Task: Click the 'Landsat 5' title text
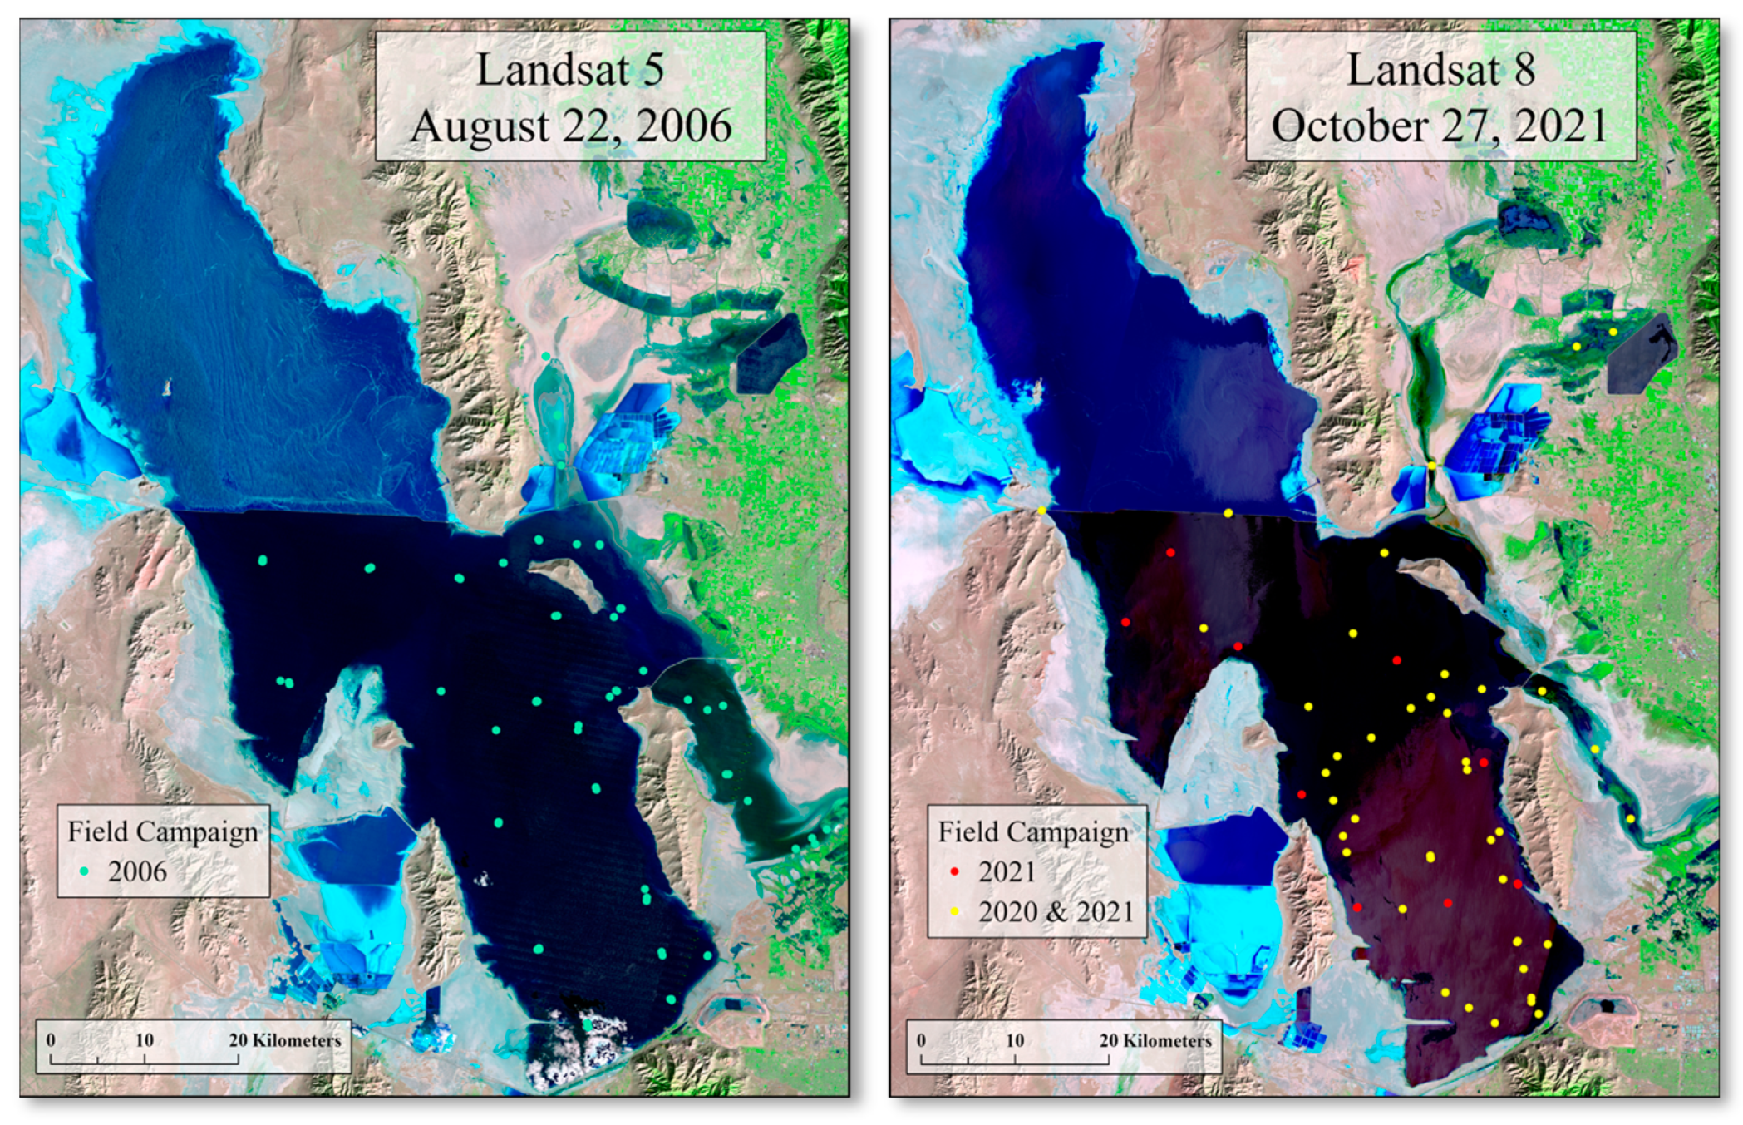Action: coord(570,69)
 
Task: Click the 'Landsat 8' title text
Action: coord(1440,69)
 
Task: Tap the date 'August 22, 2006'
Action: coord(570,126)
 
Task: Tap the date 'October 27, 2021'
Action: coord(1440,126)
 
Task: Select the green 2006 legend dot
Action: coord(85,871)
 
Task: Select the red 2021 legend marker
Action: coord(955,871)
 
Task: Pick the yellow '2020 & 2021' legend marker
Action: coord(955,911)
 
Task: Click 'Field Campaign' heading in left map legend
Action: coord(163,831)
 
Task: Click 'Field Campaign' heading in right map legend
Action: coord(1033,831)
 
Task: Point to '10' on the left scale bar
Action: coord(144,1040)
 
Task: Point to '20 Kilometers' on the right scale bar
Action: coord(1155,1040)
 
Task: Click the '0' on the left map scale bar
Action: coord(51,1040)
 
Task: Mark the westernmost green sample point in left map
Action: coord(263,560)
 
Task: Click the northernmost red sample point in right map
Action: coord(1170,552)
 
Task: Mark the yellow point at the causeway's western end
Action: coord(1041,510)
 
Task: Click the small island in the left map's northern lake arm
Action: coord(167,387)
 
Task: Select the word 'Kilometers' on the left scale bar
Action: coord(297,1040)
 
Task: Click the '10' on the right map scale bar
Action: coord(1014,1040)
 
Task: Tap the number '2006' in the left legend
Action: coord(137,871)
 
